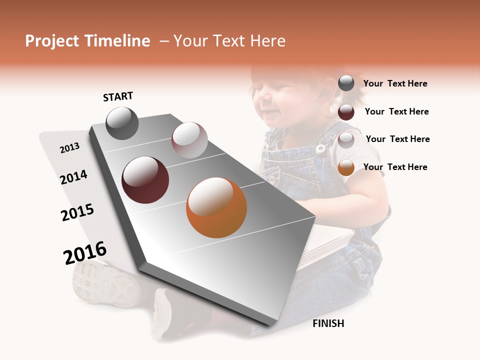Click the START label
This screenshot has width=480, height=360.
pyautogui.click(x=118, y=96)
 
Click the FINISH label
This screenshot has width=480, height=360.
pyautogui.click(x=328, y=323)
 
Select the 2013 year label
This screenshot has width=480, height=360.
pyautogui.click(x=69, y=148)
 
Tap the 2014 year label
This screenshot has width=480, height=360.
pyautogui.click(x=73, y=177)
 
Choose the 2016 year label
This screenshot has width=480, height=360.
pyautogui.click(x=85, y=253)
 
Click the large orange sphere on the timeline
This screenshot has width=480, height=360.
pyautogui.click(x=216, y=207)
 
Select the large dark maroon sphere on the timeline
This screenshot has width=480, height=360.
pyautogui.click(x=145, y=180)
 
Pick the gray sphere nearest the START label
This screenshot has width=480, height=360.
pyautogui.click(x=122, y=123)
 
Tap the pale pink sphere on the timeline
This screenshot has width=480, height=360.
pyautogui.click(x=189, y=140)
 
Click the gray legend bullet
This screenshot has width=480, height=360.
pyautogui.click(x=346, y=83)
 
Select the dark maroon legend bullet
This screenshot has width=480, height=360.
pyautogui.click(x=346, y=112)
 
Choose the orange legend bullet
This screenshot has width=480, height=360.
pyautogui.click(x=346, y=167)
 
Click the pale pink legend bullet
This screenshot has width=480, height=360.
pyautogui.click(x=346, y=140)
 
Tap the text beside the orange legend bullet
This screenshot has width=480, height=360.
pyautogui.click(x=395, y=167)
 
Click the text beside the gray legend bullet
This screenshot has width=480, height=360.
pyautogui.click(x=395, y=83)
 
